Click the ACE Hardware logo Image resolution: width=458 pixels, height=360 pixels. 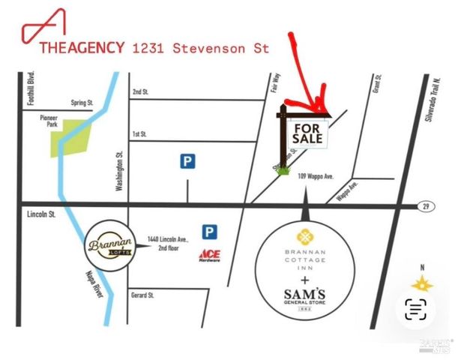click(209, 255)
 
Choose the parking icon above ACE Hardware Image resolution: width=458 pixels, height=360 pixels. click(209, 231)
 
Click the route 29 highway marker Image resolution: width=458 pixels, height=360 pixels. click(424, 205)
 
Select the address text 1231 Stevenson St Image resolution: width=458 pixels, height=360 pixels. click(200, 48)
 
